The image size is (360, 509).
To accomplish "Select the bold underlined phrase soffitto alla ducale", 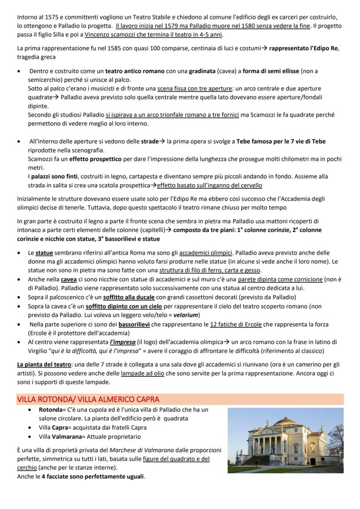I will (x=132, y=297).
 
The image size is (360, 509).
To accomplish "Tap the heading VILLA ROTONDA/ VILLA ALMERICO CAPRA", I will (x=88, y=399).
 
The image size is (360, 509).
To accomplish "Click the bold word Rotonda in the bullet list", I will (x=50, y=410).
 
